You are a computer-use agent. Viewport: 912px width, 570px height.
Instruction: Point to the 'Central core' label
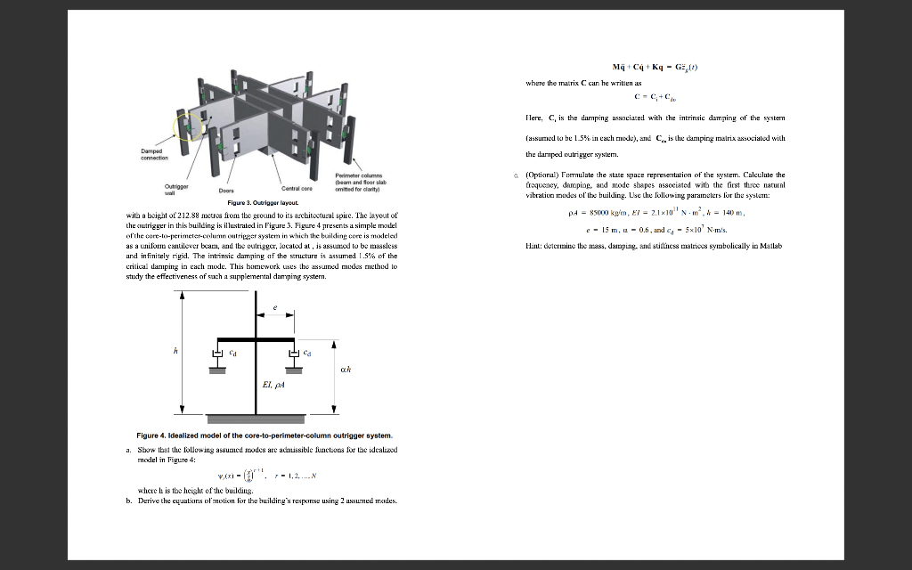pyautogui.click(x=296, y=188)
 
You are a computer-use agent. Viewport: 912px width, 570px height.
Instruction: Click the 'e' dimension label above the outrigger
pyautogui.click(x=277, y=306)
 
